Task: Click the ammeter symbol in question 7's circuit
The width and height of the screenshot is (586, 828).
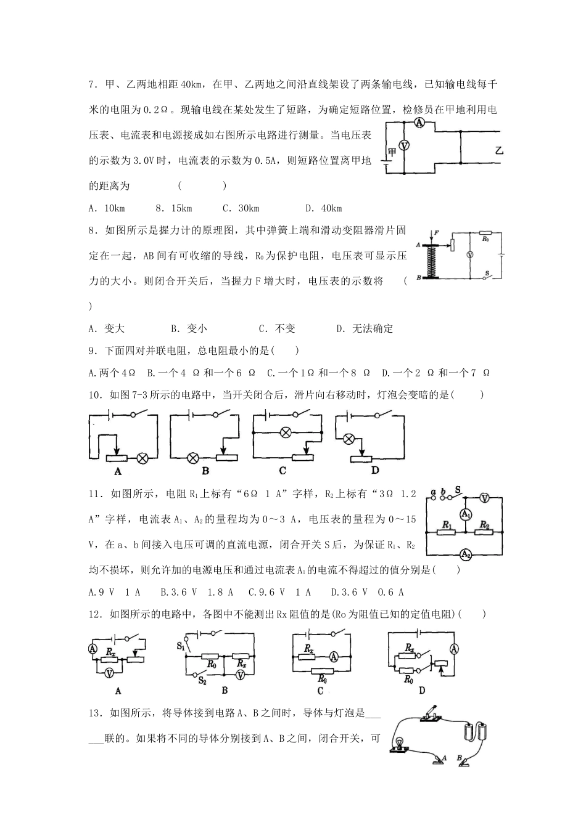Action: (419, 123)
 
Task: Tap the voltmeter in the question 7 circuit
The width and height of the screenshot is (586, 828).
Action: (404, 146)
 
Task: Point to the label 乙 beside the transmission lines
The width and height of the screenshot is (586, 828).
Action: (499, 150)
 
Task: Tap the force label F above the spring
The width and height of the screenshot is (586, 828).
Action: (436, 232)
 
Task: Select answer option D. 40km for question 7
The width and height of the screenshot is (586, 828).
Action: (323, 208)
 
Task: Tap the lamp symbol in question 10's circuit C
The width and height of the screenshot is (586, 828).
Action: (286, 432)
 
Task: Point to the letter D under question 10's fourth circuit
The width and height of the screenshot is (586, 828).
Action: (374, 471)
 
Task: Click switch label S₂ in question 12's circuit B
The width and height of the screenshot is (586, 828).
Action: (202, 680)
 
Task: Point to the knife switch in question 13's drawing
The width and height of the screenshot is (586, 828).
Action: (430, 713)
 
